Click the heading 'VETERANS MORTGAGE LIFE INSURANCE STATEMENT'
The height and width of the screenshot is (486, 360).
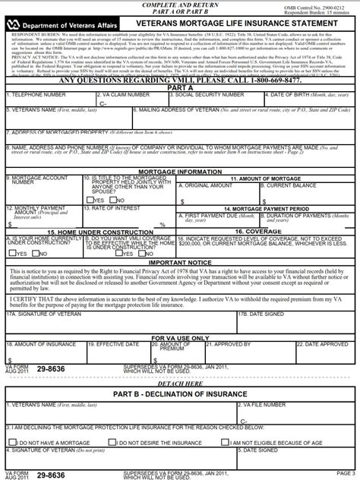(x=232, y=24)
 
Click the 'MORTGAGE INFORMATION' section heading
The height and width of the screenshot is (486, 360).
(x=180, y=172)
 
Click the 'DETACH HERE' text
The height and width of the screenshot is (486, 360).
(x=180, y=384)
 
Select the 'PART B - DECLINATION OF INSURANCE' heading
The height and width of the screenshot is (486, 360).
(x=180, y=394)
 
